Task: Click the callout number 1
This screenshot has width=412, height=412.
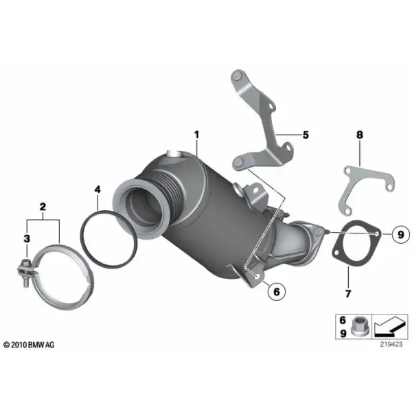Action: [x=196, y=135]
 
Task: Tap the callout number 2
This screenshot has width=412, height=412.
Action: [x=43, y=207]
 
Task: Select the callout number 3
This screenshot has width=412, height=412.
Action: [x=27, y=238]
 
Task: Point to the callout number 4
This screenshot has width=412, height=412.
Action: [x=98, y=190]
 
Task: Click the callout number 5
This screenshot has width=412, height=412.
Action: [x=306, y=135]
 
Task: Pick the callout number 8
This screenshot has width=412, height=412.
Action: [x=360, y=135]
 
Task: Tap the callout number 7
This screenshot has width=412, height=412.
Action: [x=348, y=293]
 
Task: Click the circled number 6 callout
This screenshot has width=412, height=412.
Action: [x=277, y=291]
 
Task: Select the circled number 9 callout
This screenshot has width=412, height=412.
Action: [x=400, y=234]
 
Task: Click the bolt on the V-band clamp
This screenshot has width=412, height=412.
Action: [x=25, y=273]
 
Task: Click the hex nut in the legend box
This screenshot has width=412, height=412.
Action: [x=358, y=326]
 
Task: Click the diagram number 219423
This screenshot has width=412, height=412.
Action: [x=391, y=344]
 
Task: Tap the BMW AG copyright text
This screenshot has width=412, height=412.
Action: [x=29, y=345]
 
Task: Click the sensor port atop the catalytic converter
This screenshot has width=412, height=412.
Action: [x=174, y=154]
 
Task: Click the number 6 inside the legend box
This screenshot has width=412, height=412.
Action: [x=343, y=320]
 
